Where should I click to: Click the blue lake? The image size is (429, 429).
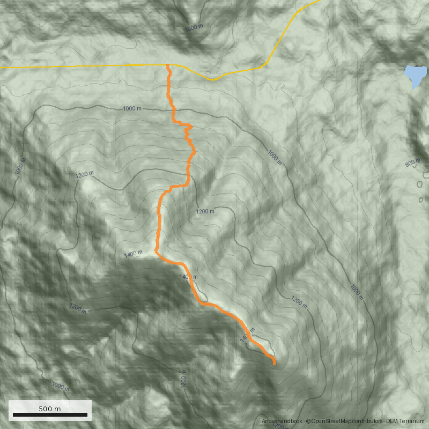coord(413,76)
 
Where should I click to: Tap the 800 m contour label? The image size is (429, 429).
coord(413,163)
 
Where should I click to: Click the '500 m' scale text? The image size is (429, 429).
coord(50,409)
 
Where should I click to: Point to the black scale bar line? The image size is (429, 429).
coord(50,415)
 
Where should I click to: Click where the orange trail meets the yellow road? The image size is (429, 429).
coord(168,65)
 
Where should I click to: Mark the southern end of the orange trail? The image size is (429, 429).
coord(275,364)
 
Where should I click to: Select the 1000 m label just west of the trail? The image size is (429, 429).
coord(132,109)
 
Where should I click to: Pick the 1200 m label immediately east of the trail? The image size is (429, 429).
coord(205,211)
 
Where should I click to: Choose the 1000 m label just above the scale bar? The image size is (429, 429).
coord(61,386)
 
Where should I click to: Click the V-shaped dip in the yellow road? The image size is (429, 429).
coord(212,80)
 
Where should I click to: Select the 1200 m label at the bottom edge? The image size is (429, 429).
coord(278,427)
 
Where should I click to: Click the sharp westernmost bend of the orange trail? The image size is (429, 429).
coord(155,250)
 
